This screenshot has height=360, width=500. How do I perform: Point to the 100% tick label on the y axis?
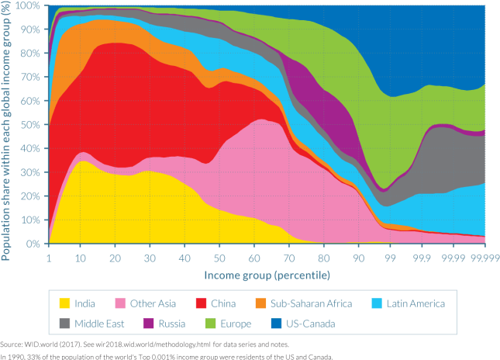(27, 5)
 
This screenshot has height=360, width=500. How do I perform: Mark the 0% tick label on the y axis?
(32, 244)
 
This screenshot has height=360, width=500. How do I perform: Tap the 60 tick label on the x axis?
(252, 258)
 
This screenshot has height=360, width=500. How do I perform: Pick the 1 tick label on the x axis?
(49, 258)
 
